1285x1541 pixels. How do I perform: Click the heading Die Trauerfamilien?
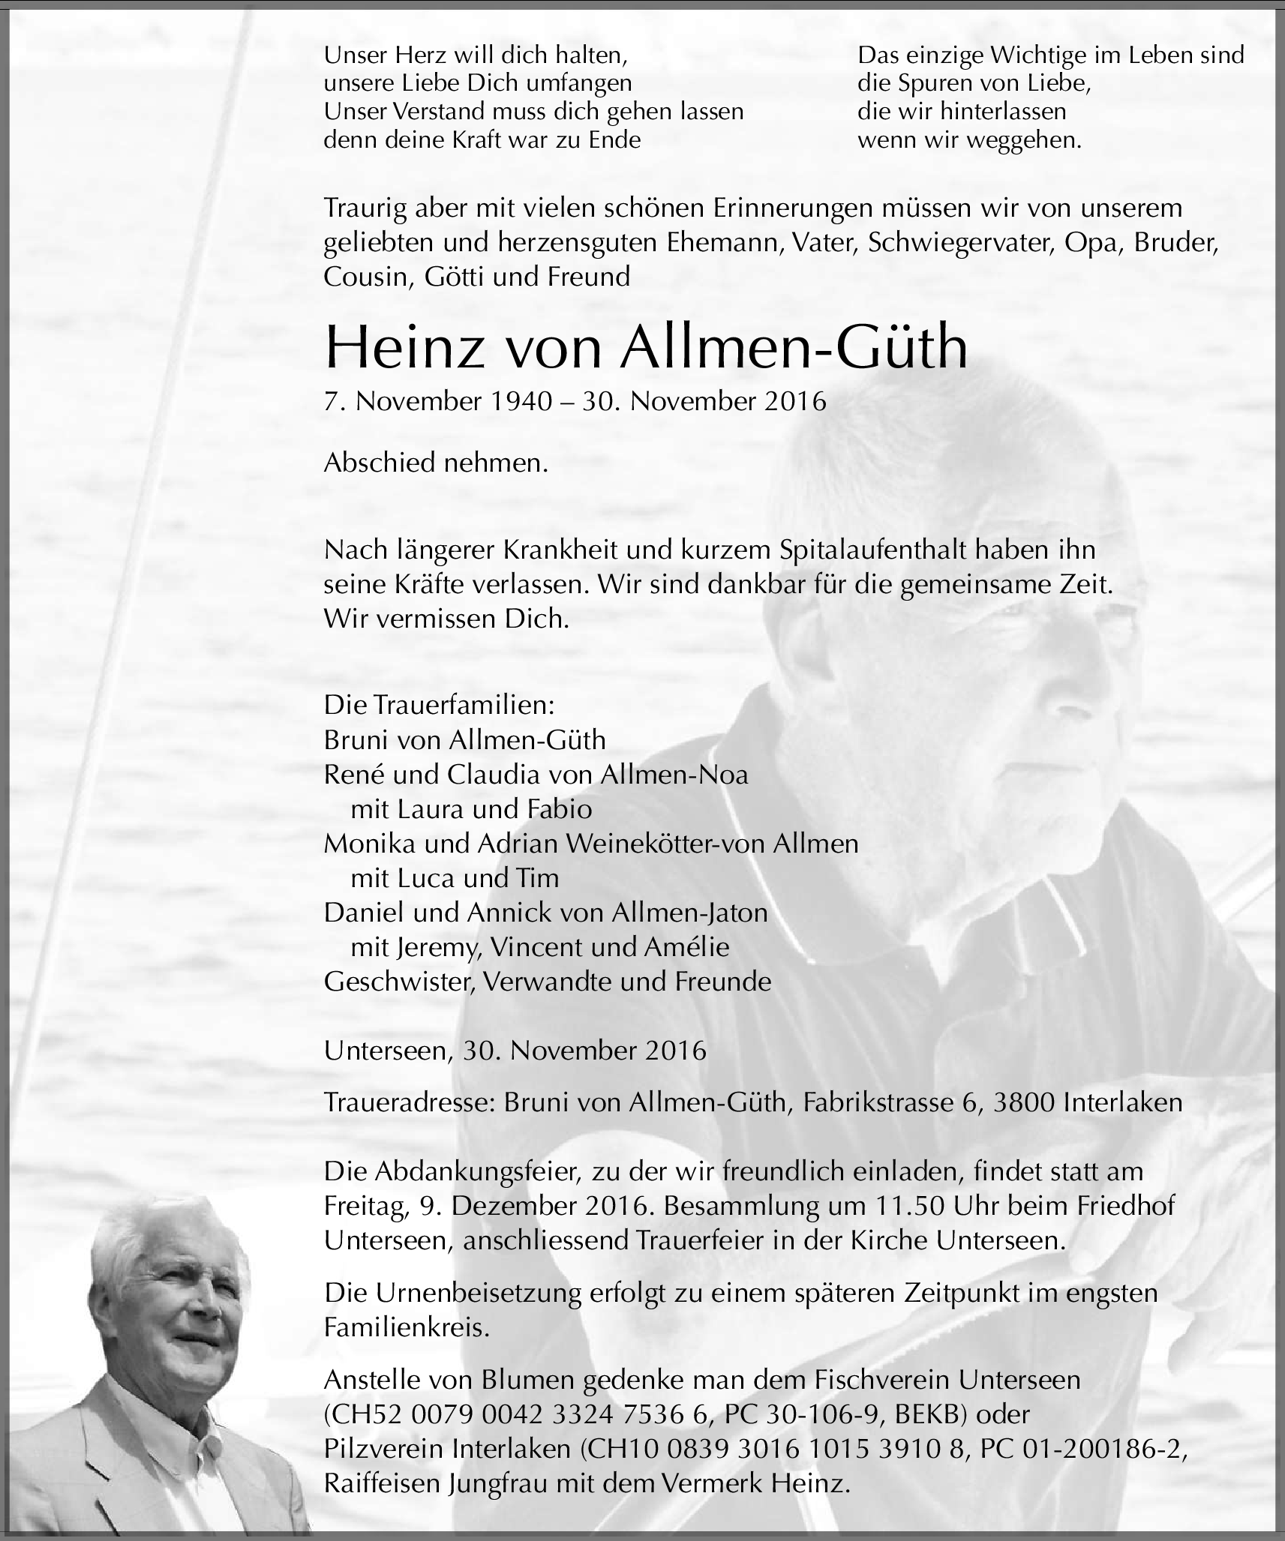439,706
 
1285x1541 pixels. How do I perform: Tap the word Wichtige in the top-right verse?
1023,55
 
